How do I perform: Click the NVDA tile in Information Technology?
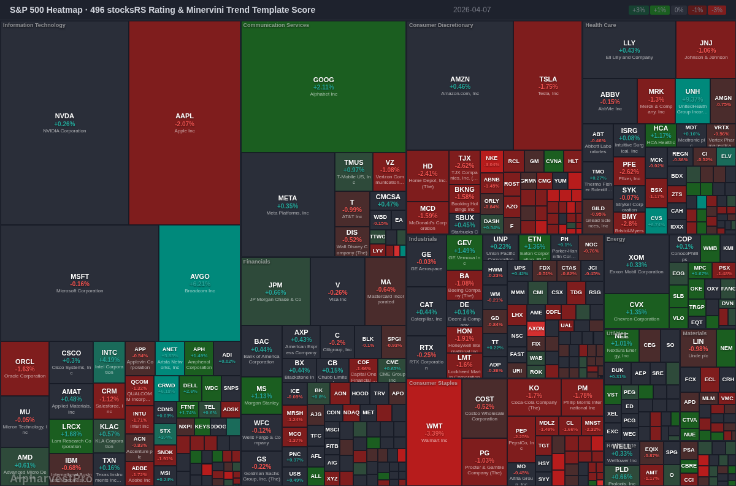[64, 123]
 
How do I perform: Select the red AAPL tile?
[184, 123]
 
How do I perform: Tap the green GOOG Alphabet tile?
[323, 86]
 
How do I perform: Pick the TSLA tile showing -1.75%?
[548, 86]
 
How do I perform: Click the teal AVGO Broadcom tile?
[199, 283]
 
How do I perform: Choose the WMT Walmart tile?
[434, 431]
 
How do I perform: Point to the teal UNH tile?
[692, 101]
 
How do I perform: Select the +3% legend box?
[638, 10]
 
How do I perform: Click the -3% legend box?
[716, 10]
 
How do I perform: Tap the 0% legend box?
[678, 10]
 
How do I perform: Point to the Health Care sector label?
[600, 25]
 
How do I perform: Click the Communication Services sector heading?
[276, 25]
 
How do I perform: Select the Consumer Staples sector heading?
[433, 383]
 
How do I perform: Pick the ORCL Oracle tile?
[25, 368]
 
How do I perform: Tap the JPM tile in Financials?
[275, 291]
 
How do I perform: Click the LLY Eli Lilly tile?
[629, 50]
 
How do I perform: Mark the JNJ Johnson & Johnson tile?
[706, 50]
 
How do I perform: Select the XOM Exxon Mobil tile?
[636, 264]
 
